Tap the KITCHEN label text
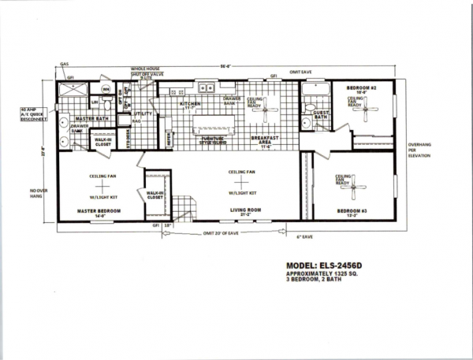click(192, 104)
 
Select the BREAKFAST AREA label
click(262, 142)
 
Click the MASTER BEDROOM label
click(99, 211)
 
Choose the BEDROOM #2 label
click(361, 89)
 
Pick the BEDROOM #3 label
click(350, 211)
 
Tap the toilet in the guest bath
click(311, 100)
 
